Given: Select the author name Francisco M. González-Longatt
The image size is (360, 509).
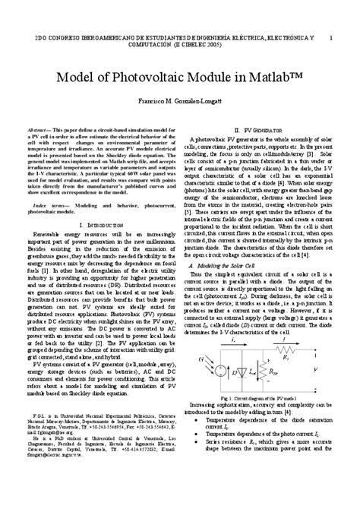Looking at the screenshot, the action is click(x=180, y=101).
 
